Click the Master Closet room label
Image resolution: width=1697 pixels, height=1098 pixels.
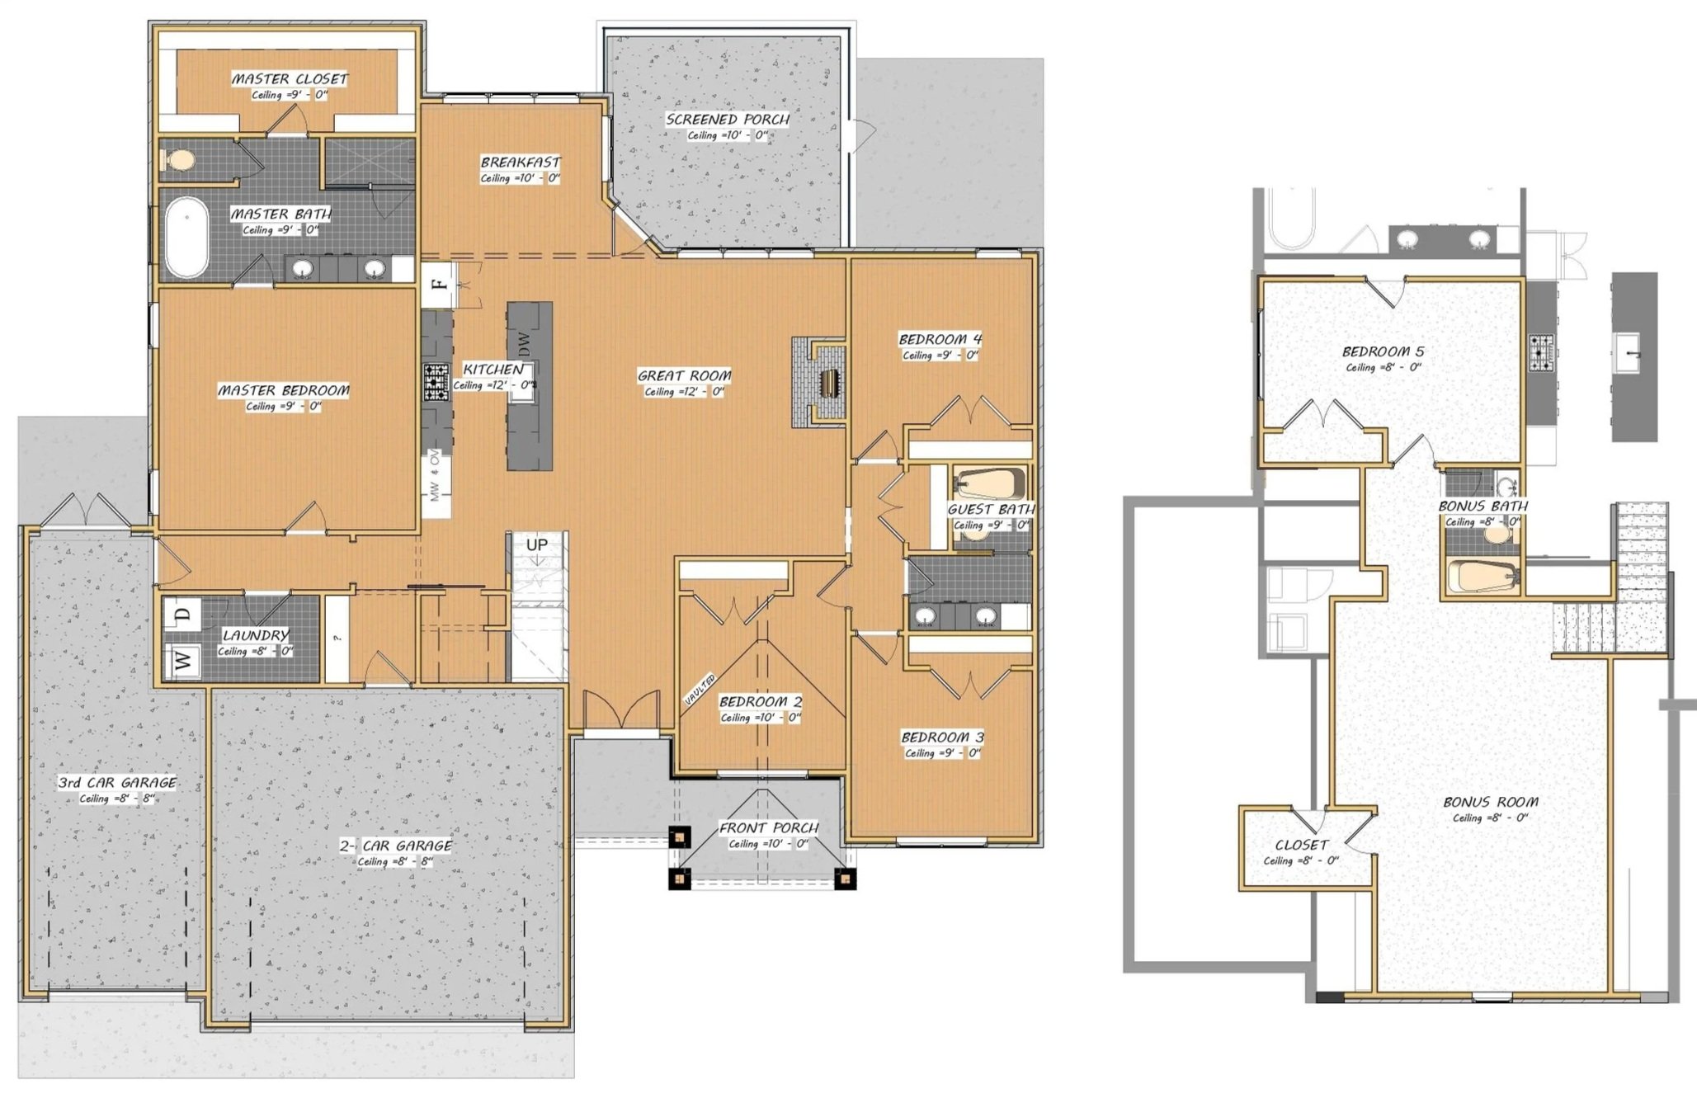tap(290, 79)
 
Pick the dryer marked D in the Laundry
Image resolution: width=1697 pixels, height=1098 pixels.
tap(183, 614)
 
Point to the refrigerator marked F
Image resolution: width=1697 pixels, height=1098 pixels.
tap(438, 285)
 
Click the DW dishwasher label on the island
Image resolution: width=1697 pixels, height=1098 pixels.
tap(524, 343)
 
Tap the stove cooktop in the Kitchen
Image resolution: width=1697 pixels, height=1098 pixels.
tap(436, 383)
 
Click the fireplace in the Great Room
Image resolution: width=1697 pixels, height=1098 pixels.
tap(819, 382)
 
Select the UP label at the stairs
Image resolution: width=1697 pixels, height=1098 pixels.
tap(537, 545)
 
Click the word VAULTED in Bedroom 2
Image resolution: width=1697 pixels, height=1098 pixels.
tap(700, 690)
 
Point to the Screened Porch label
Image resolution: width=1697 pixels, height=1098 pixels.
tap(728, 120)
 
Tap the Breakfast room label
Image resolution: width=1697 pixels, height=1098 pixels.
tap(521, 163)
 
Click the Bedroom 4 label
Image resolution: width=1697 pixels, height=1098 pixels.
tap(940, 339)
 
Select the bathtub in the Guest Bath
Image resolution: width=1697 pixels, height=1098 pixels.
tap(988, 483)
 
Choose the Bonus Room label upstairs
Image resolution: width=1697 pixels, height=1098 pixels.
tap(1490, 802)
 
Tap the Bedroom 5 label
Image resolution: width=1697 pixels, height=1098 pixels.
tap(1383, 352)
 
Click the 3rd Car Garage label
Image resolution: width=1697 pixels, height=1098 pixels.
tap(117, 783)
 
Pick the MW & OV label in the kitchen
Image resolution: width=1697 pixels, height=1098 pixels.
tap(435, 475)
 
